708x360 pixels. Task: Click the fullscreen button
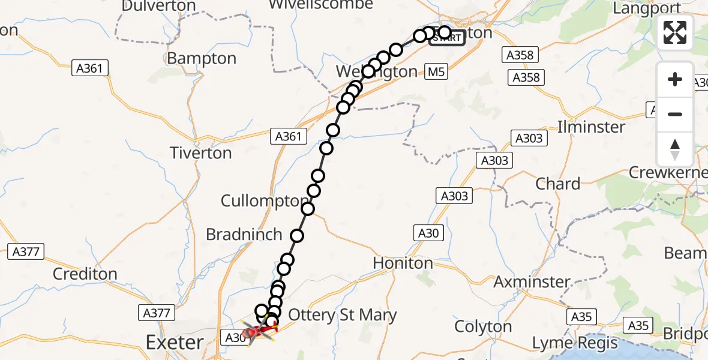(675, 32)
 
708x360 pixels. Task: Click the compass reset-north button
(675, 149)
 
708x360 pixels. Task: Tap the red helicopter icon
(259, 330)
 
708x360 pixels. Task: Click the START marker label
(447, 38)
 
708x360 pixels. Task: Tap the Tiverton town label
(200, 153)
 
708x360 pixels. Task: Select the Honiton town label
(403, 263)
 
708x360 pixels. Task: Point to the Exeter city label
(175, 343)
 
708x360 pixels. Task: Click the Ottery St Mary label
(343, 315)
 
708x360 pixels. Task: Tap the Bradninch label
(244, 235)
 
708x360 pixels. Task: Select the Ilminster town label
(591, 127)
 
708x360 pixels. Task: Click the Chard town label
(557, 184)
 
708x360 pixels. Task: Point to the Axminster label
(532, 281)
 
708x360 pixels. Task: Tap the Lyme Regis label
(576, 343)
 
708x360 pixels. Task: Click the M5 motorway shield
(437, 73)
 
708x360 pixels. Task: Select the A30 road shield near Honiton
(428, 233)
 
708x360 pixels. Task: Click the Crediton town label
(84, 274)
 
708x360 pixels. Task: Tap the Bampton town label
(202, 59)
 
